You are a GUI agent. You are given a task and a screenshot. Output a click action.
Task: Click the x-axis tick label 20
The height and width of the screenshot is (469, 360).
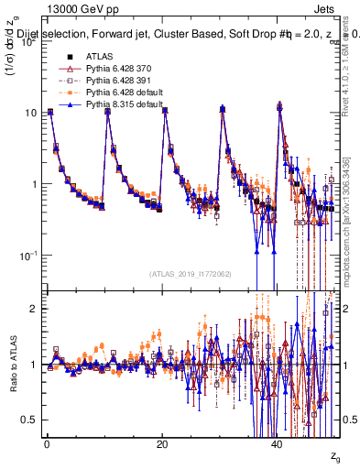tap(162, 442)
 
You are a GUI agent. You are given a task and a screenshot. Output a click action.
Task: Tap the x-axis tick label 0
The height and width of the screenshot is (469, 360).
tap(47, 442)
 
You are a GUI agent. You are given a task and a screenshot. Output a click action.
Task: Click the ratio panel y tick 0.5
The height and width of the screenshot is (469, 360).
tap(28, 420)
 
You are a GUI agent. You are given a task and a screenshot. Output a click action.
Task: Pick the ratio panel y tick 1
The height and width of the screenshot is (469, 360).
tap(33, 365)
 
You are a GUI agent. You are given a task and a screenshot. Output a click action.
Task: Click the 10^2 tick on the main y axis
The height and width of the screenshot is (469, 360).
tap(27, 43)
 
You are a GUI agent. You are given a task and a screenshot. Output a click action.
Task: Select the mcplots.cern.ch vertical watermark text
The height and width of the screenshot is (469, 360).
tap(350, 234)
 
